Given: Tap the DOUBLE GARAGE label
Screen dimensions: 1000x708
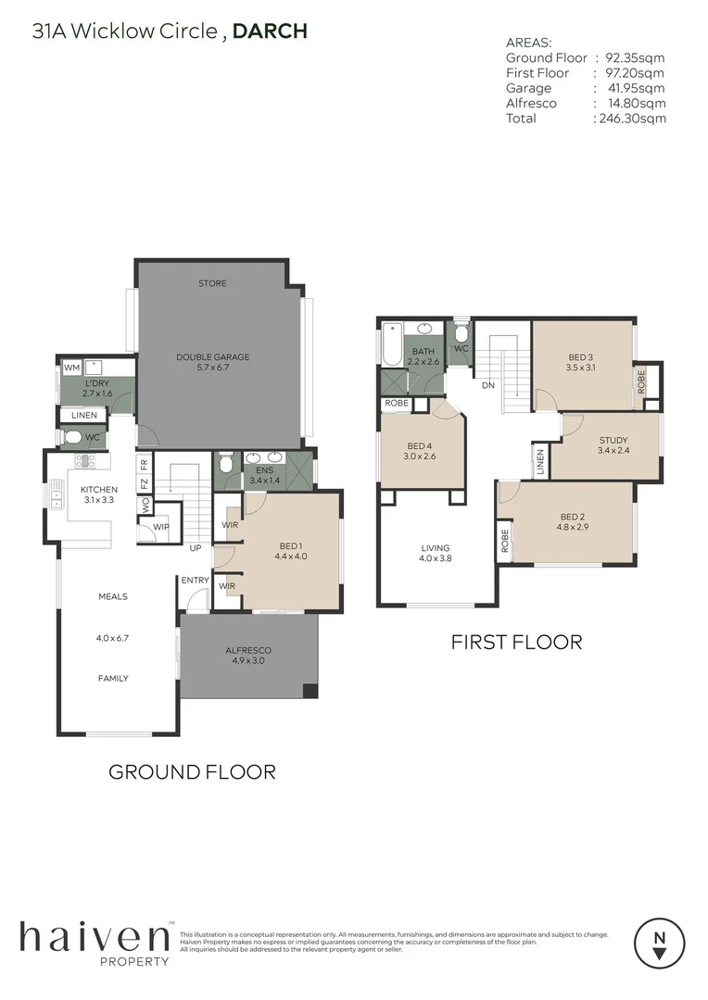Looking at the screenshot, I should (x=212, y=356).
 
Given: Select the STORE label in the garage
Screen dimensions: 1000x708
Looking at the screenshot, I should (x=212, y=283).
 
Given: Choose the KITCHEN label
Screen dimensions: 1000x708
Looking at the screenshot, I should (x=98, y=489).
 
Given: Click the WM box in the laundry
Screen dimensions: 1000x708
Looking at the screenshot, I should (x=71, y=369).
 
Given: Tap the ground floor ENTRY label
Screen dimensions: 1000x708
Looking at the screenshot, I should (x=196, y=581).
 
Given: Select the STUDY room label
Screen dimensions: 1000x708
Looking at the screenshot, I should (x=613, y=441).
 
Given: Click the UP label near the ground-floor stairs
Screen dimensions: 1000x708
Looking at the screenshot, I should (x=196, y=548).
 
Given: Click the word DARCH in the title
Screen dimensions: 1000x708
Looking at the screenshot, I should (x=270, y=31).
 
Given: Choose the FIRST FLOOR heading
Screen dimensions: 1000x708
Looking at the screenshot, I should (x=516, y=642).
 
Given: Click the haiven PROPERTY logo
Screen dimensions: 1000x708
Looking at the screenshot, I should (x=95, y=943).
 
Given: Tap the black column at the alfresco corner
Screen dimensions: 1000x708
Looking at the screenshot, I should (x=310, y=692).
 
